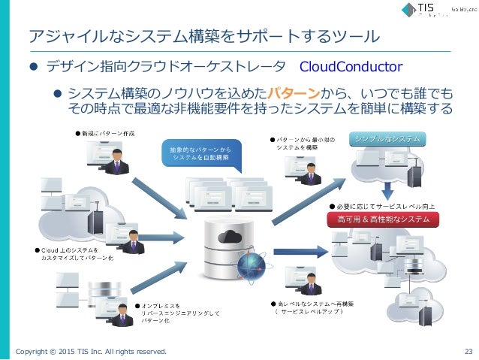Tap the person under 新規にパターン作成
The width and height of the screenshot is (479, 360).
point(117,159)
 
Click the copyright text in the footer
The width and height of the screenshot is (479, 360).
point(91,351)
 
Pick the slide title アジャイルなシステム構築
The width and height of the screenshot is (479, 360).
point(203,35)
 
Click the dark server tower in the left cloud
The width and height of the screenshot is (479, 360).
point(95,224)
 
